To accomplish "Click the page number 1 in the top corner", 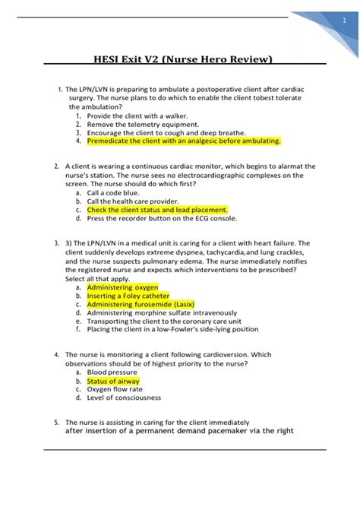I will tap(344, 21).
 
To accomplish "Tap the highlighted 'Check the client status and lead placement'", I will tap(157, 210).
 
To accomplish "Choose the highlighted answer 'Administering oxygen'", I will tap(122, 288).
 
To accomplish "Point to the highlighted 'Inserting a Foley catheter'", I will tap(128, 296).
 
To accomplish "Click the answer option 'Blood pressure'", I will tap(115, 372).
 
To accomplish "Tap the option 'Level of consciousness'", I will tap(125, 398).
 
